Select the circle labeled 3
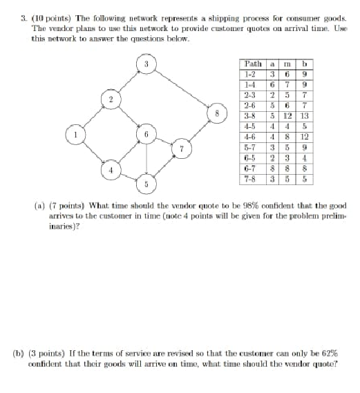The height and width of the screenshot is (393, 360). pyautogui.click(x=146, y=65)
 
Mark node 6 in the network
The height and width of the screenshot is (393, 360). pyautogui.click(x=146, y=134)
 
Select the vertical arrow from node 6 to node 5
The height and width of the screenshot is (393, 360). pyautogui.click(x=146, y=160)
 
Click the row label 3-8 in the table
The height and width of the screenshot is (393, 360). pyautogui.click(x=249, y=115)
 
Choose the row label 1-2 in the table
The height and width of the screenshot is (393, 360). pyautogui.click(x=249, y=73)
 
